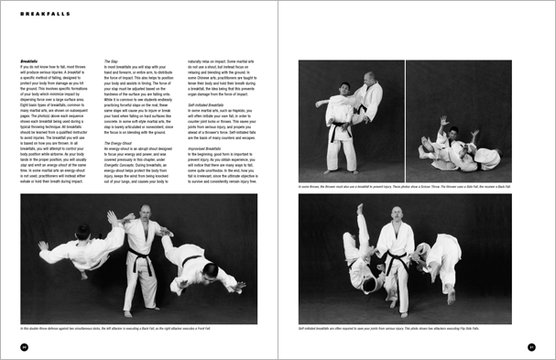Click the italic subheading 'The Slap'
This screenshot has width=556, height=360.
(x=110, y=60)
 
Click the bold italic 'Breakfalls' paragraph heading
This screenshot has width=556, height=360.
(x=28, y=60)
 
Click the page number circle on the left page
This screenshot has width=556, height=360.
(x=24, y=346)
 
